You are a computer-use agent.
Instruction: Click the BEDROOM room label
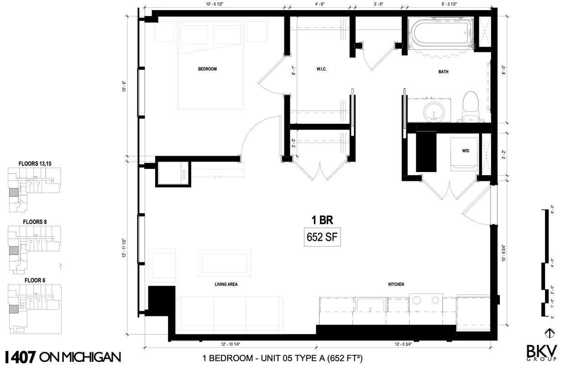click(x=207, y=69)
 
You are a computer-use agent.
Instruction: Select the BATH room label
click(x=443, y=72)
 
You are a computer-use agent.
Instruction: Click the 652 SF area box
click(x=322, y=237)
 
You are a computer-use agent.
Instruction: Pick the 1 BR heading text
click(x=322, y=220)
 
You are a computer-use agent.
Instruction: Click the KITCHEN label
click(x=396, y=284)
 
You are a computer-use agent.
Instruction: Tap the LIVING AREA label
click(x=226, y=284)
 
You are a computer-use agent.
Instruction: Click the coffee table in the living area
click(x=225, y=263)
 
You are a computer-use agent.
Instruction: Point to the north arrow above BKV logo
click(x=550, y=332)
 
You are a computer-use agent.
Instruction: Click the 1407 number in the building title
click(x=20, y=356)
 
